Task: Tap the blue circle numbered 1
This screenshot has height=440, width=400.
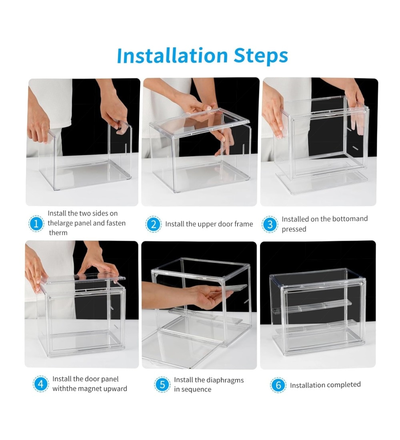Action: point(36,224)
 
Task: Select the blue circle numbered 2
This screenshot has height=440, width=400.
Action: point(153,224)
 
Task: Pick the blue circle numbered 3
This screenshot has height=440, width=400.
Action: point(270,224)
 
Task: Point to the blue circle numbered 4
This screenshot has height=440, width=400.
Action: point(41,384)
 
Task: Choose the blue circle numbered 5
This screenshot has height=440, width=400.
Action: point(162,384)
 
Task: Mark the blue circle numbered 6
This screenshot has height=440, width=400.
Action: point(278,385)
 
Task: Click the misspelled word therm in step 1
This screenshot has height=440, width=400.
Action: point(58,233)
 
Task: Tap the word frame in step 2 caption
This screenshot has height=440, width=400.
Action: point(244,224)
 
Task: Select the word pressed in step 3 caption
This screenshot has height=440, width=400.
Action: point(294,229)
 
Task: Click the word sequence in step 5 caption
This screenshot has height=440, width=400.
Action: point(196,390)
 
